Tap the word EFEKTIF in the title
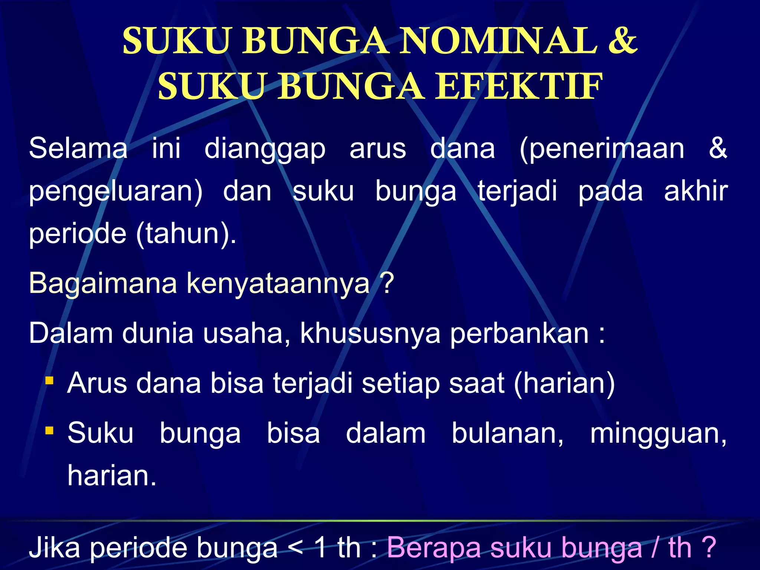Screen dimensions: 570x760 (518, 87)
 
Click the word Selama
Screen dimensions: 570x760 (78, 148)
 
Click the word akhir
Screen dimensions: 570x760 (696, 191)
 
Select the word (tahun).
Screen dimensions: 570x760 (186, 234)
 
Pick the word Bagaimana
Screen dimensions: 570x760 (103, 283)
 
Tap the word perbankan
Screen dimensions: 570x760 (519, 334)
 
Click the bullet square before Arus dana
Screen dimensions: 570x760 (49, 381)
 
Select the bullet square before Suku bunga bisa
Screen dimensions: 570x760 (49, 430)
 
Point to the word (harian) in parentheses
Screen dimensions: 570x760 (564, 383)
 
